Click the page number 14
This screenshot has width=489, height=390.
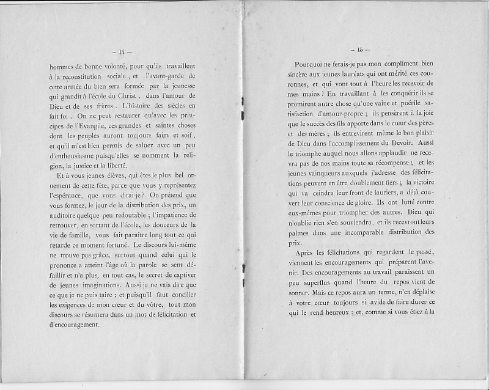click(x=127, y=50)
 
